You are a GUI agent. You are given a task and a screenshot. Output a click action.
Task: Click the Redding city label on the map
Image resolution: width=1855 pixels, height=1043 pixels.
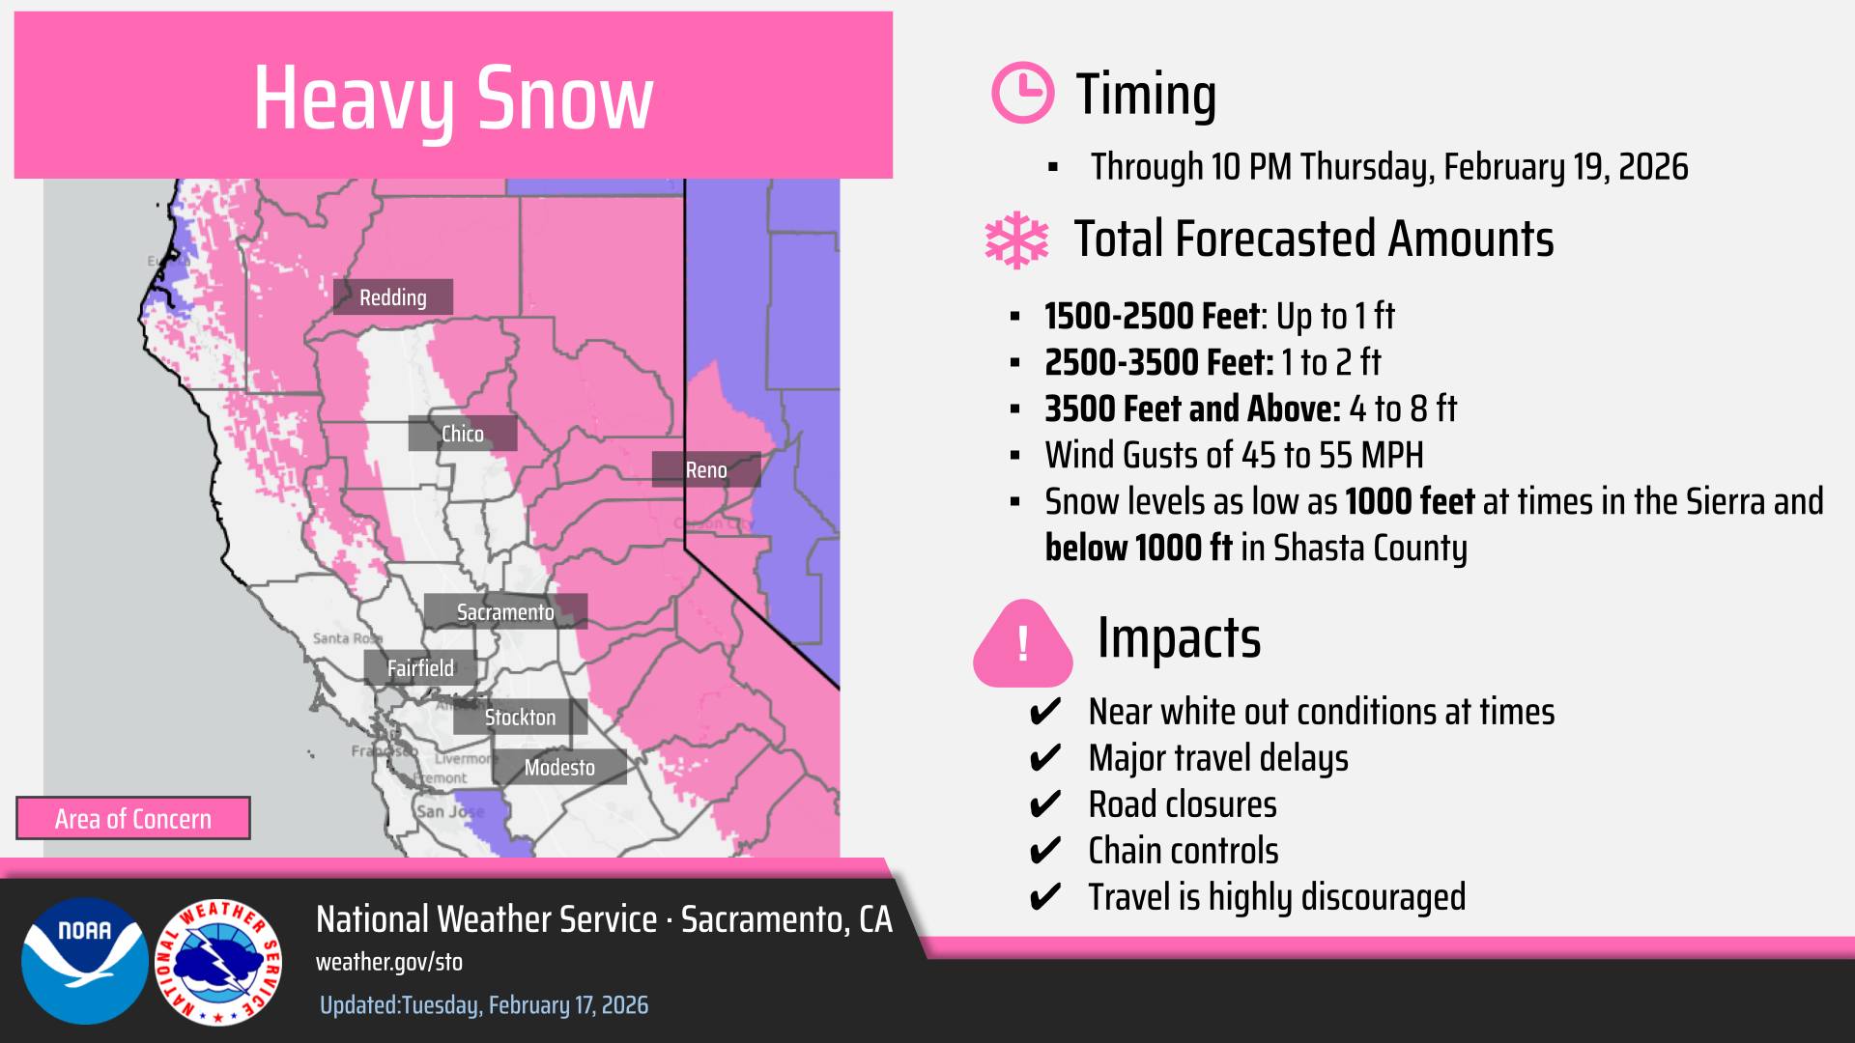(392, 297)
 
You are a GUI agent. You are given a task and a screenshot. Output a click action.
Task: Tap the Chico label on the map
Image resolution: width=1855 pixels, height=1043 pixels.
(462, 434)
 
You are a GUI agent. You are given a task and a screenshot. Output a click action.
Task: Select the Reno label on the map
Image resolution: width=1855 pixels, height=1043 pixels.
(705, 470)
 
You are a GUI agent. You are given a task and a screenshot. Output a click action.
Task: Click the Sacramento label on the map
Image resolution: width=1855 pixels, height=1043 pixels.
(505, 612)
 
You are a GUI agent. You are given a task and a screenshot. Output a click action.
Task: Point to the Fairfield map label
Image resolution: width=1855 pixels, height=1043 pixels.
(420, 668)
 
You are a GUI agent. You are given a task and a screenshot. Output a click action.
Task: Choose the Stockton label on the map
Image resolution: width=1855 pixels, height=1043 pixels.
(520, 718)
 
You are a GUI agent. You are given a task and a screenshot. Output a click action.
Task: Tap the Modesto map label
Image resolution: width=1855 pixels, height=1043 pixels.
(559, 768)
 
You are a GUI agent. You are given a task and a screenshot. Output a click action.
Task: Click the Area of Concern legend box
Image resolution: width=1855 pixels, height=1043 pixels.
(133, 819)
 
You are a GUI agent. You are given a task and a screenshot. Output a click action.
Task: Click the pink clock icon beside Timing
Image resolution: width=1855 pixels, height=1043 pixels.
(1022, 93)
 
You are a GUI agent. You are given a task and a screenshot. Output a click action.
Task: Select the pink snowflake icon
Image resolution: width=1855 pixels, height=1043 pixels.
(1016, 240)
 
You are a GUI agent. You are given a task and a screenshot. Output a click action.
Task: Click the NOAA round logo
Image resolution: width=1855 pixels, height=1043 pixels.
(85, 960)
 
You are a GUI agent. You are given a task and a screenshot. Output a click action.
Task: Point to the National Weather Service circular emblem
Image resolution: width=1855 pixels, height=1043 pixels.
(218, 962)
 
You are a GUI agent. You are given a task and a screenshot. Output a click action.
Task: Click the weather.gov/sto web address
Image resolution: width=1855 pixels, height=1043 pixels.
(389, 962)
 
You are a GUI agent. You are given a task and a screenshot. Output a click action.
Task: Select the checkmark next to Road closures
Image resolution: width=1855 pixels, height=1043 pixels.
(1045, 805)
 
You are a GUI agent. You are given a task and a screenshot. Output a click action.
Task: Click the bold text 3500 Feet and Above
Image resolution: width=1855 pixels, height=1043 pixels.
(1191, 409)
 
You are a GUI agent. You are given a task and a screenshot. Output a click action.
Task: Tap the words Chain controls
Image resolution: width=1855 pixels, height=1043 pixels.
(1183, 851)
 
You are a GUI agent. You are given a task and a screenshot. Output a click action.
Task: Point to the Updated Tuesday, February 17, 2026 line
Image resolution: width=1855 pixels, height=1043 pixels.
(484, 1005)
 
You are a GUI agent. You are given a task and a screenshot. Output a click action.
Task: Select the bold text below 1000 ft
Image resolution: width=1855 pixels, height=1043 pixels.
(1138, 549)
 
